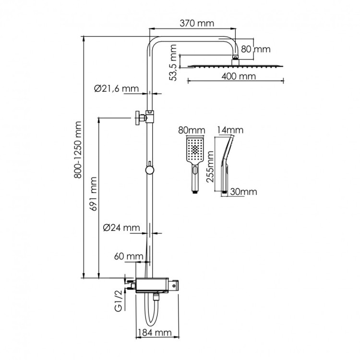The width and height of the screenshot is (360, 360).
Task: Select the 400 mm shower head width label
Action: tap(238, 76)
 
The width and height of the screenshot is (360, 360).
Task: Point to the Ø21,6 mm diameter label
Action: tap(116, 88)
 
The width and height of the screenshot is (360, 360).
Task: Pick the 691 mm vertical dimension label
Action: tap(95, 194)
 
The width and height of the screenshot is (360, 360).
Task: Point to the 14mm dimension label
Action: tap(230, 130)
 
